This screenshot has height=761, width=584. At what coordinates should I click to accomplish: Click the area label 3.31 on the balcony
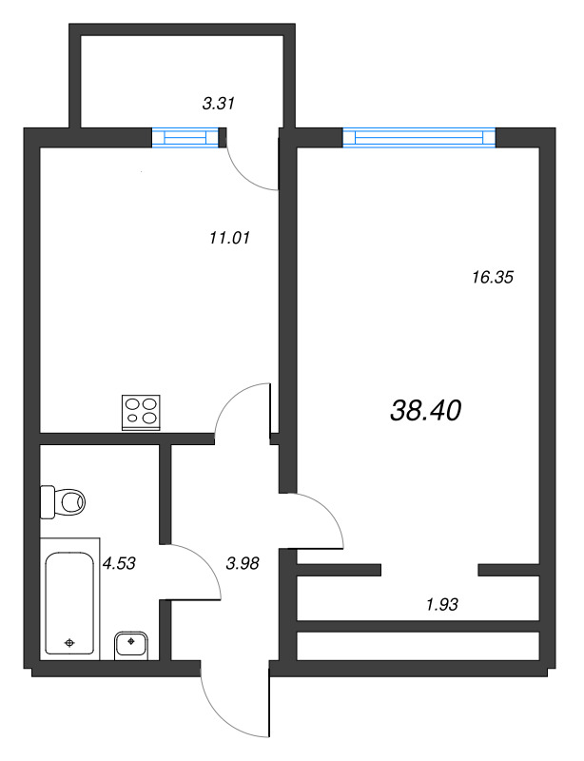click(219, 104)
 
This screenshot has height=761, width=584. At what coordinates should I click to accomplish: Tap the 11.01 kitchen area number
click(229, 238)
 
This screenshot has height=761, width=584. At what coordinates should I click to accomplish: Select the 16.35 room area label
click(493, 278)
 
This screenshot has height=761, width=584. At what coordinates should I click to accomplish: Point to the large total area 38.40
click(426, 411)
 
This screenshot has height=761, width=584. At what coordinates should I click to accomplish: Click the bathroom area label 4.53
click(119, 563)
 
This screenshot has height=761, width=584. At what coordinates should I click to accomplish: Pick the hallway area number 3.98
click(243, 563)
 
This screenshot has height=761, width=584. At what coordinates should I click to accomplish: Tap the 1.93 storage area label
click(442, 605)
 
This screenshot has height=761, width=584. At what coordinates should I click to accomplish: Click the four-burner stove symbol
click(141, 412)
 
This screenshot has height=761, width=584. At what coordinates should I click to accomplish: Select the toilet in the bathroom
click(63, 502)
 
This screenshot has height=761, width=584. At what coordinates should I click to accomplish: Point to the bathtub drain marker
click(69, 643)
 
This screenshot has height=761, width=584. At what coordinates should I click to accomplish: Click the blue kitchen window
click(185, 137)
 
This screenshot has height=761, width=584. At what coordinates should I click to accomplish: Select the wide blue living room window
click(419, 137)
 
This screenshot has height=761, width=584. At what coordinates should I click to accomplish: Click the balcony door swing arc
click(243, 175)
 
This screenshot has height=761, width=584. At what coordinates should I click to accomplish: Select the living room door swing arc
click(330, 511)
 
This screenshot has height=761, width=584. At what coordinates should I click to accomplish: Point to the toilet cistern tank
click(48, 502)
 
